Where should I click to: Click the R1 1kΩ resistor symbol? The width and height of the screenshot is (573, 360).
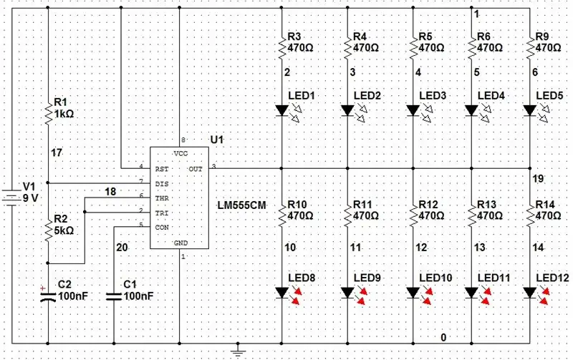48,114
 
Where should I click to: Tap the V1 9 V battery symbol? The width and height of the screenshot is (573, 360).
11,198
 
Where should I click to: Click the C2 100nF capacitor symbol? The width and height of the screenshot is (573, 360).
48,295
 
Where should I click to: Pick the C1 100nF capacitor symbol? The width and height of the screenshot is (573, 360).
114,296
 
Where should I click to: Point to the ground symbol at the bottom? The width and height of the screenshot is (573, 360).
238,351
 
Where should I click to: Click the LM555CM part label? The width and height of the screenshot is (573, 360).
241,205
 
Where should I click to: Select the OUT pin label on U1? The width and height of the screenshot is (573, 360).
196,169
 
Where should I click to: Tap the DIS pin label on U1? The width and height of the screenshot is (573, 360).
162,184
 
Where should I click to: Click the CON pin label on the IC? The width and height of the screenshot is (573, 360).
162,228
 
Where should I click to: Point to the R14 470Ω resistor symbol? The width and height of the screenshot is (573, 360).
530,215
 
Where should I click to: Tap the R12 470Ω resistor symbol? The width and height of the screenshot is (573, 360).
413,215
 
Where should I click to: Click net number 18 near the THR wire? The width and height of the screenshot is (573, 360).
110,192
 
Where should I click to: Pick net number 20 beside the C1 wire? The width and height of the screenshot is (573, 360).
122,248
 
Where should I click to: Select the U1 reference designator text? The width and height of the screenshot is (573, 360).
217,140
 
